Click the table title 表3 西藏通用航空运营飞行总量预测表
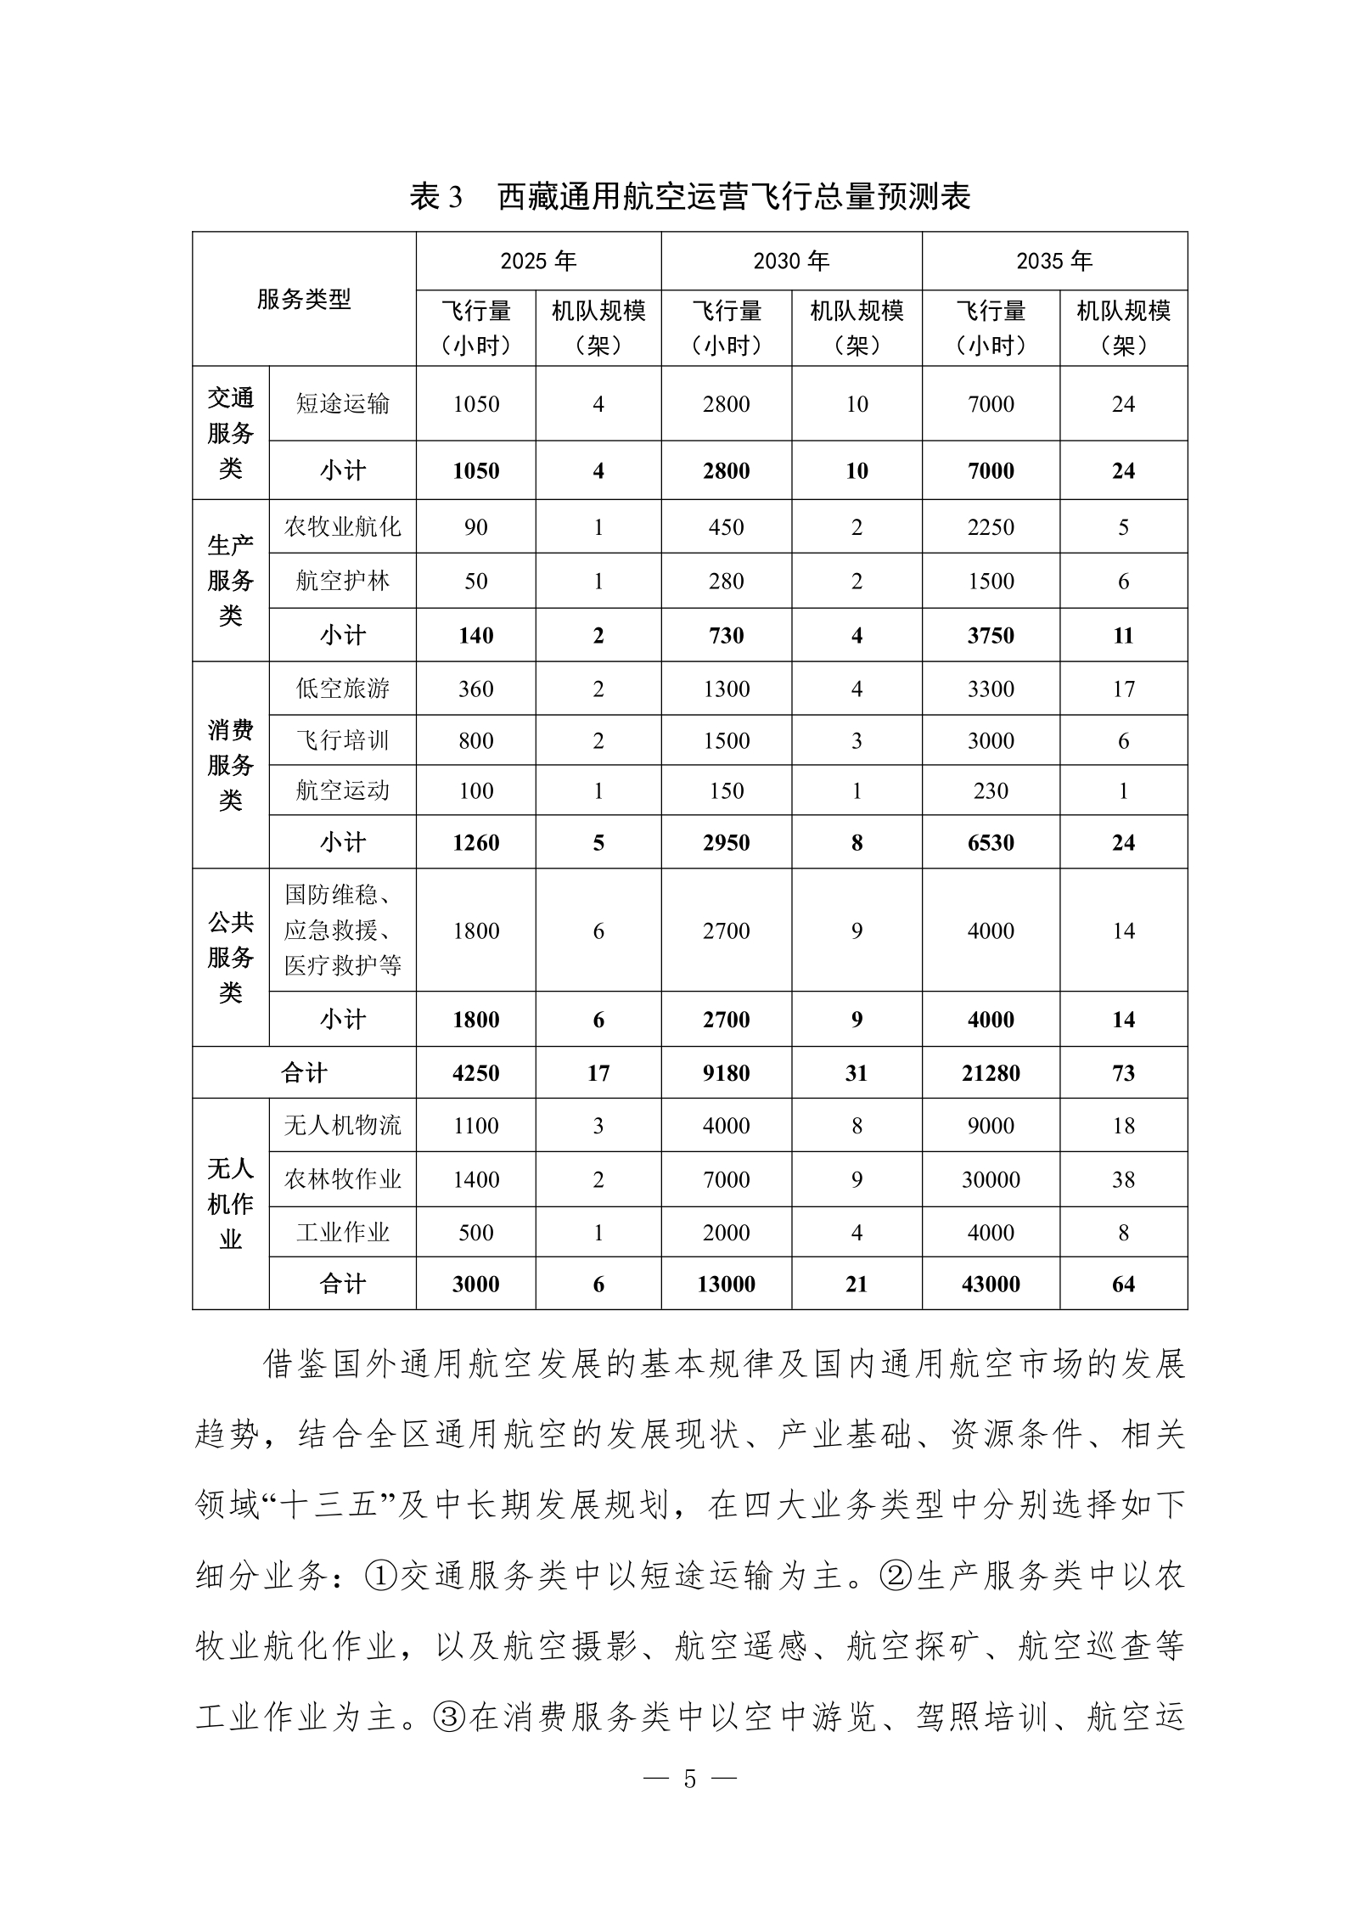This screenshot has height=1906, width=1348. pyautogui.click(x=689, y=196)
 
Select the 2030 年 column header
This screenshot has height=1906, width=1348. pyautogui.click(x=791, y=261)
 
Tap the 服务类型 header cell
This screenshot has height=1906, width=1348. pyautogui.click(x=304, y=299)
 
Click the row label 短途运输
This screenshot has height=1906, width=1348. pyautogui.click(x=342, y=403)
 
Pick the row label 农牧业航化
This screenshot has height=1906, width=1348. pyautogui.click(x=342, y=526)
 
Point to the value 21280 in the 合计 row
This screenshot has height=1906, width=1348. pyautogui.click(x=991, y=1073)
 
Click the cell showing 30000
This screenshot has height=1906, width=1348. pyautogui.click(x=991, y=1179)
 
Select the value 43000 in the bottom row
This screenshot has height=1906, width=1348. pyautogui.click(x=991, y=1284)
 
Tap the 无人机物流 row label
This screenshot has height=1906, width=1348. pyautogui.click(x=342, y=1126)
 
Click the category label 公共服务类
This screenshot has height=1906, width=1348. pyautogui.click(x=230, y=957)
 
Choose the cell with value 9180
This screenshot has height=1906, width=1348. pyautogui.click(x=726, y=1073)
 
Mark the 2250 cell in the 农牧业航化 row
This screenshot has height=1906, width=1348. pyautogui.click(x=991, y=527)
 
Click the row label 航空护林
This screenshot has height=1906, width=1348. pyautogui.click(x=342, y=581)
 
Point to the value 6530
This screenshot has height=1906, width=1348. pyautogui.click(x=991, y=842)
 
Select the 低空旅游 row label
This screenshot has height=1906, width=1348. pyautogui.click(x=342, y=689)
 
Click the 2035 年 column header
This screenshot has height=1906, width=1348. pyautogui.click(x=1054, y=261)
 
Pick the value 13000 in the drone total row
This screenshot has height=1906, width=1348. pyautogui.click(x=726, y=1284)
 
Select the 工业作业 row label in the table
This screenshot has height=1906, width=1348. pyautogui.click(x=342, y=1232)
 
